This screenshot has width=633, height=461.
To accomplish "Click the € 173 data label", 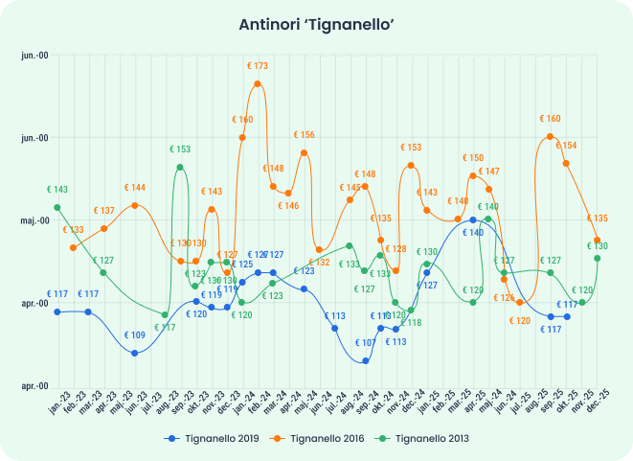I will click(x=258, y=66).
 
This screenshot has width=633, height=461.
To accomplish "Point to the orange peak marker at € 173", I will click(x=258, y=84).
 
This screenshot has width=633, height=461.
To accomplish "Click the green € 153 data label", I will click(x=180, y=150).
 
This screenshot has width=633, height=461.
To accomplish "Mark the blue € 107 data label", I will click(x=365, y=343).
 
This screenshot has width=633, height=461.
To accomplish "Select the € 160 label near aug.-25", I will click(x=550, y=119).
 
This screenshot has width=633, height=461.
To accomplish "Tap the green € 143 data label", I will click(x=57, y=190).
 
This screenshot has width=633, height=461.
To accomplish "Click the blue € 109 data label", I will click(x=134, y=335).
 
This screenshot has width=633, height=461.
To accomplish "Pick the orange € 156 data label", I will click(x=305, y=135).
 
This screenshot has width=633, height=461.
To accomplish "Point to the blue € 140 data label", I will click(x=473, y=233).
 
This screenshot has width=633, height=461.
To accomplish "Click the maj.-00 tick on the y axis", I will click(x=34, y=220).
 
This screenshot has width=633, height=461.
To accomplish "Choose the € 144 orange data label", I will click(x=134, y=188).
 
